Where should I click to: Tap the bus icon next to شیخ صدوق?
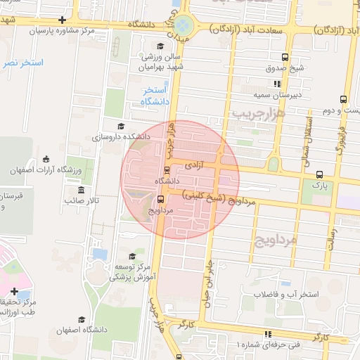pos(284,58)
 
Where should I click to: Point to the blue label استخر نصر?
pos(22,63)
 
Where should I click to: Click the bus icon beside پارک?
pos(321,174)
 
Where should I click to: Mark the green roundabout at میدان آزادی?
pos(185,24)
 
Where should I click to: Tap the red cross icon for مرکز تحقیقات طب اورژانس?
pos(15,291)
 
